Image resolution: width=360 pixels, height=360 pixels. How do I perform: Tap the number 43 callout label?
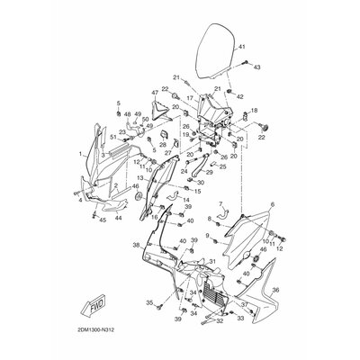(x=256, y=67)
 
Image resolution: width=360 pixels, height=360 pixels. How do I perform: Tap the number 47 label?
(x=156, y=93)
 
